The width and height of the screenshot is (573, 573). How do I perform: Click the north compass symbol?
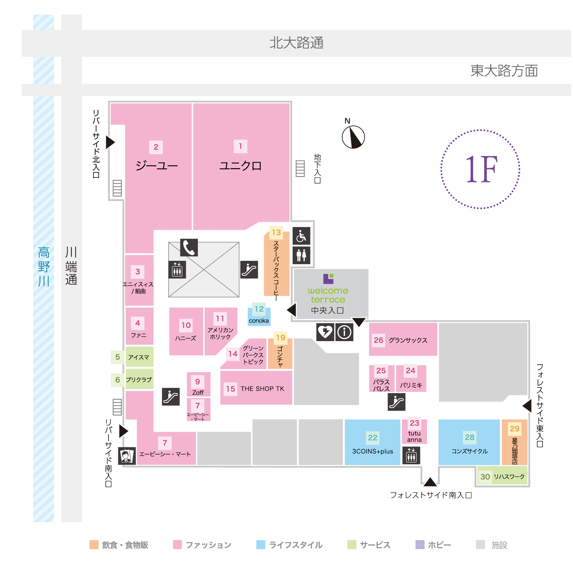point(353,137)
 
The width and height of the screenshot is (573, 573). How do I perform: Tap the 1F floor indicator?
point(480,169)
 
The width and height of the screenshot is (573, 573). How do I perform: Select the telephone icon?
point(189,247)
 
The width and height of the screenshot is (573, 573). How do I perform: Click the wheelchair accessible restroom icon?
point(301,236)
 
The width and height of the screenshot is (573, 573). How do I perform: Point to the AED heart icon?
point(325,332)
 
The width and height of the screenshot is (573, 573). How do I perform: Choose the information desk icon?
point(344,332)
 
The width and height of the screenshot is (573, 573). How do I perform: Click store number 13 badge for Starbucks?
point(276,232)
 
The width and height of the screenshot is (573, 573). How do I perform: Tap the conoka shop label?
point(259,321)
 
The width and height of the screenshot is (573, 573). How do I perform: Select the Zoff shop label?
point(198,393)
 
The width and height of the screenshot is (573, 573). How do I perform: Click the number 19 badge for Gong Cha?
point(281,338)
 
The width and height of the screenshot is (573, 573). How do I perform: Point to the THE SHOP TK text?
point(262,389)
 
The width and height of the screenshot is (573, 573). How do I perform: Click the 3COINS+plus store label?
point(372,451)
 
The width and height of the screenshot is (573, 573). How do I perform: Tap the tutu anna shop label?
point(414,436)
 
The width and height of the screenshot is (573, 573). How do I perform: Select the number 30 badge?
point(485,477)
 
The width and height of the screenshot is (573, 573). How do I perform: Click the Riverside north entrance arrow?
point(110,142)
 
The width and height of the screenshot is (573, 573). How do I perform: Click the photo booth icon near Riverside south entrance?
point(127,456)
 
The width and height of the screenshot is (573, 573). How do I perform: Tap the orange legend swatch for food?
point(94,545)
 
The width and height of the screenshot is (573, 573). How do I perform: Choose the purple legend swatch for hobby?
point(420,545)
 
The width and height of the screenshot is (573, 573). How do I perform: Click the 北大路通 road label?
point(297,43)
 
